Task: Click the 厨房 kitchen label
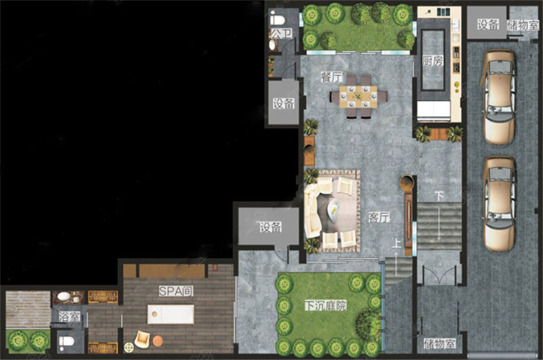[x=433, y=61]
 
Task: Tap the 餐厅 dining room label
[x=331, y=77]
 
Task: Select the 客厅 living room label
[x=379, y=217]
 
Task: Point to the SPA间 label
[x=176, y=291]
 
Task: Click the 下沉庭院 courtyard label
[x=326, y=306]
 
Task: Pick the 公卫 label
[x=281, y=33]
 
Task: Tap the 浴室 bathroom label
[x=69, y=317]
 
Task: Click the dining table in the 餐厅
[x=358, y=96]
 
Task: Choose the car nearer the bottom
[x=499, y=204]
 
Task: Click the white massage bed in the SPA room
[x=170, y=314]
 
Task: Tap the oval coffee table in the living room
[x=333, y=211]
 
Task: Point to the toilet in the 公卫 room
[x=277, y=19]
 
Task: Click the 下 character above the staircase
[x=439, y=196]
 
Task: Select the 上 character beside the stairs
[x=396, y=243]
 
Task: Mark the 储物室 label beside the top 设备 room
[x=523, y=25]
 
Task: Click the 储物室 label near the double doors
[x=439, y=344]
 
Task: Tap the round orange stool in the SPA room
[x=157, y=341]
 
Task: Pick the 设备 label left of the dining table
[x=283, y=103]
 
